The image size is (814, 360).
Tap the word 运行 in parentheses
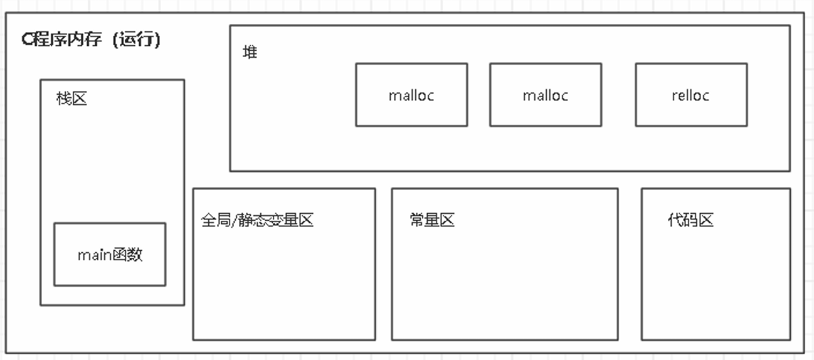click(142, 40)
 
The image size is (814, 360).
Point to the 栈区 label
click(71, 98)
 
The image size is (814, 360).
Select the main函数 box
click(110, 254)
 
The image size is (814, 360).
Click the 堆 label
click(250, 52)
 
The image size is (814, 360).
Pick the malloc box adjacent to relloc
click(545, 95)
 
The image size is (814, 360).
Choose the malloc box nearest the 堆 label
click(411, 95)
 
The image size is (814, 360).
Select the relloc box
click(690, 95)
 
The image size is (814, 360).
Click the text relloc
click(690, 95)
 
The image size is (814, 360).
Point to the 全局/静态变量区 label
click(257, 220)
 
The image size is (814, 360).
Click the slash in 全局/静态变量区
click(235, 220)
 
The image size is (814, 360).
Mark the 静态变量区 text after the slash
click(276, 220)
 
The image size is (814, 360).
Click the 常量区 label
click(431, 220)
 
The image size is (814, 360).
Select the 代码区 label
click(690, 220)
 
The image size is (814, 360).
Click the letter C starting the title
click(26, 40)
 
